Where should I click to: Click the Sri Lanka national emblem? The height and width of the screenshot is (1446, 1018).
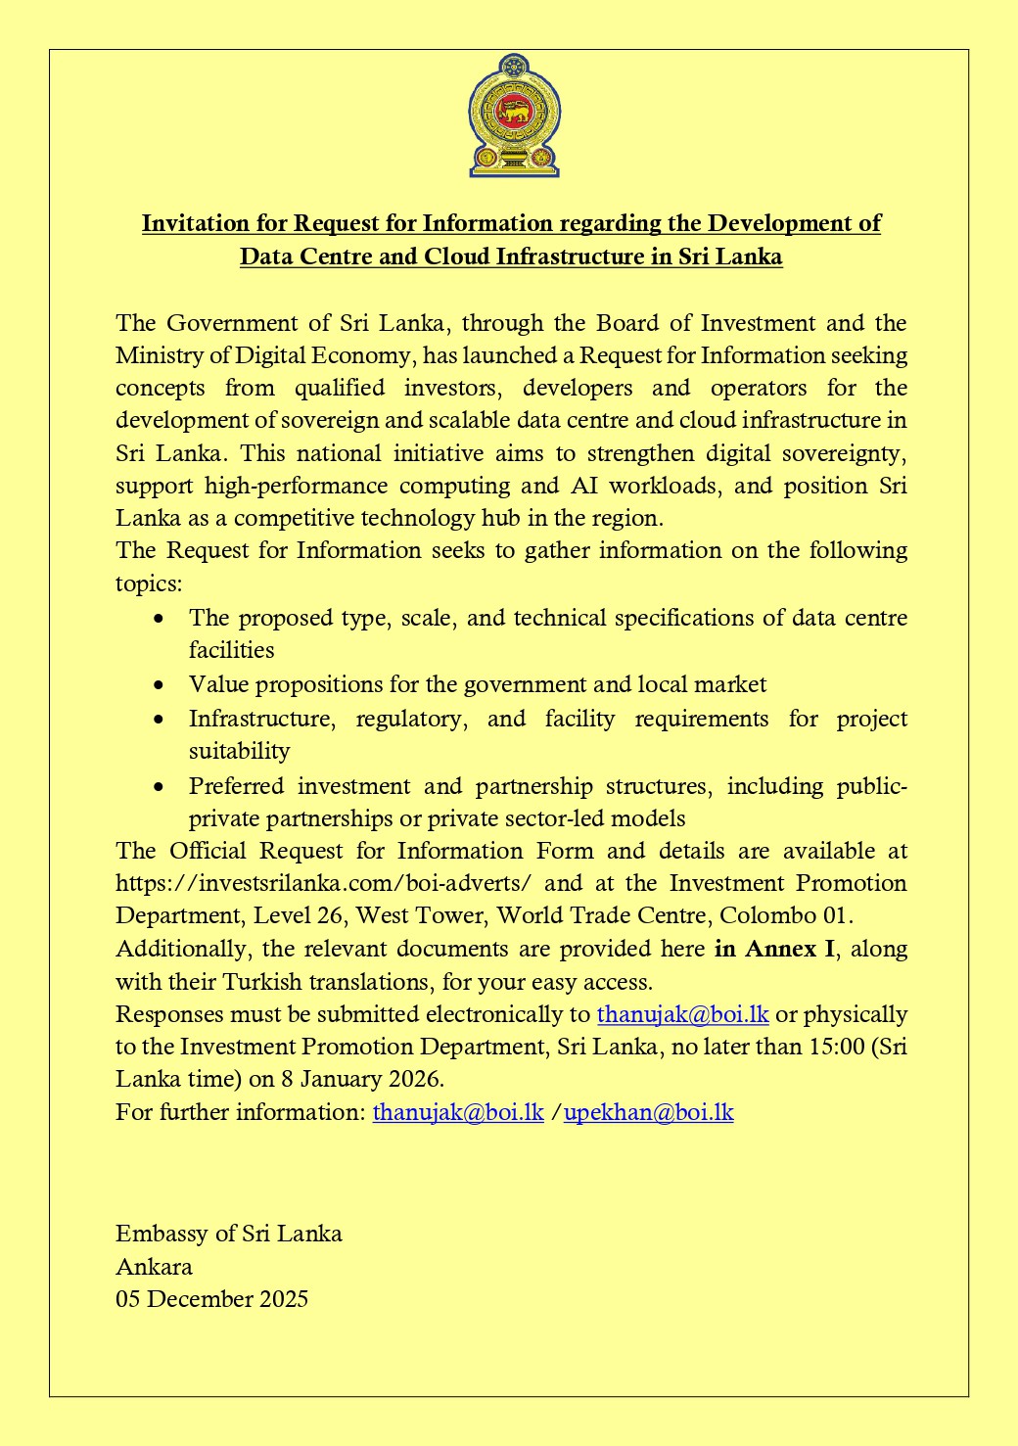click(514, 117)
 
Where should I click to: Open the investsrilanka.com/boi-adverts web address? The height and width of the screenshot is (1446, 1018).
click(323, 883)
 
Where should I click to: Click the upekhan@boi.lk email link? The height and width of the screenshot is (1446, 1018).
click(649, 1112)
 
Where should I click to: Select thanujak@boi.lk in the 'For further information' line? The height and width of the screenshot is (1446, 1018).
click(458, 1112)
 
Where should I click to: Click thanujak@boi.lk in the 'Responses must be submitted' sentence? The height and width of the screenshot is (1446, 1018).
click(682, 1014)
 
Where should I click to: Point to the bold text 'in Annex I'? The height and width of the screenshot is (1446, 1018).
click(775, 949)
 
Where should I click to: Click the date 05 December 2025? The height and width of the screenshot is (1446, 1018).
click(211, 1299)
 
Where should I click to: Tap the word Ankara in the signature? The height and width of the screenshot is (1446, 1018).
click(154, 1267)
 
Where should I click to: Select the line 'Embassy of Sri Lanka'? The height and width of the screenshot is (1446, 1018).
click(229, 1234)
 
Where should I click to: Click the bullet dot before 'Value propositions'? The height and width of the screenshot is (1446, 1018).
click(160, 685)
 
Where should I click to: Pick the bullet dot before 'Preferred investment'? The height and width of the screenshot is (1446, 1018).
click(160, 787)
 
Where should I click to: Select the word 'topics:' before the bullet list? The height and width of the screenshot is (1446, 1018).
click(148, 583)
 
